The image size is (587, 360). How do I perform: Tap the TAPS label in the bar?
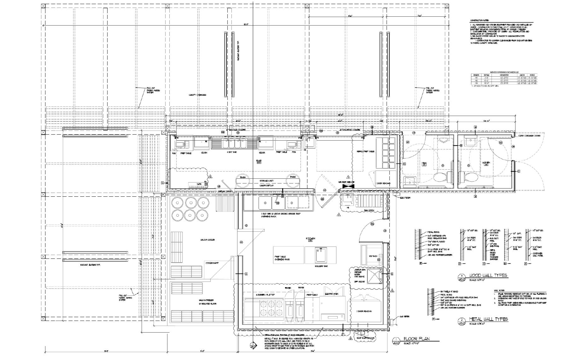click(199, 184)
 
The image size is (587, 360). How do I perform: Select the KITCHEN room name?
click(310, 239)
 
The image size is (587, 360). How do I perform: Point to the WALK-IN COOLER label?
click(207, 240)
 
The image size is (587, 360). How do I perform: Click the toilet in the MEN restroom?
click(440, 178)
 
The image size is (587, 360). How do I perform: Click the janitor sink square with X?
click(374, 276)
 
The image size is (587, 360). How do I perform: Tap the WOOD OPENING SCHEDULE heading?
click(504, 72)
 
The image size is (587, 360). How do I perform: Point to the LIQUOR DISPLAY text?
click(266, 185)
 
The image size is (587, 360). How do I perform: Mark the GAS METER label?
click(404, 316)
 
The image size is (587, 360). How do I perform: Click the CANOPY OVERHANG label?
click(197, 95)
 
